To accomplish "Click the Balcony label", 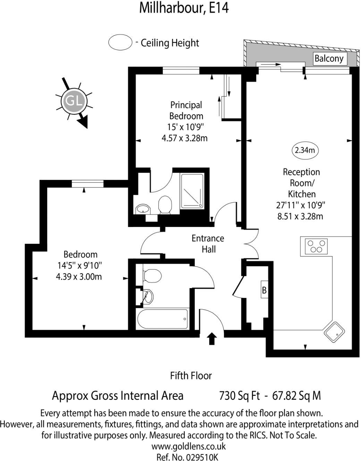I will (328, 58).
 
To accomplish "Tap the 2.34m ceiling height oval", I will (304, 150).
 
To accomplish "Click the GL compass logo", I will (74, 102).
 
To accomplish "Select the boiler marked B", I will (265, 290).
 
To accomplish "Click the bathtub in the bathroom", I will (163, 319).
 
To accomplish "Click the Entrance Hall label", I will (208, 244).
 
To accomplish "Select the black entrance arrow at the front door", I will (211, 338).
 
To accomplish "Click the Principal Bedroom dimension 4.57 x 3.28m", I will (185, 138).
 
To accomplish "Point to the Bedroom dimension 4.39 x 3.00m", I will (79, 277).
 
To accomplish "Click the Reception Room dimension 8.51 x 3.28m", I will (301, 216).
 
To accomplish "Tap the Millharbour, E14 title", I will (184, 8).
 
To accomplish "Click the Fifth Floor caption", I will (191, 375).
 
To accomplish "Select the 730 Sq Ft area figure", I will (240, 395).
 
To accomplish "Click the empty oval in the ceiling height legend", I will (120, 43).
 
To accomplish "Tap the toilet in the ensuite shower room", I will (165, 204).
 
